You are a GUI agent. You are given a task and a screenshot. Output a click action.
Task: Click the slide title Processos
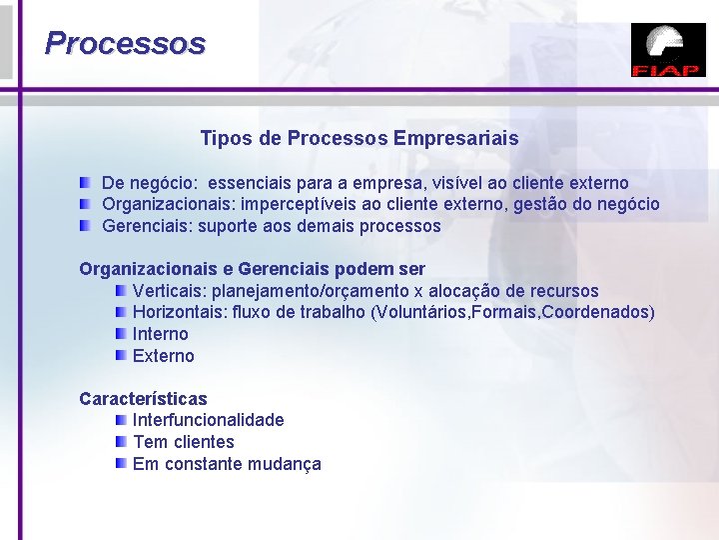125,44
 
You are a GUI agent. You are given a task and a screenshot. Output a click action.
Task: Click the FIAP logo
668,51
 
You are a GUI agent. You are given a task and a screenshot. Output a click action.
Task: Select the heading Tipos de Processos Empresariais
359,138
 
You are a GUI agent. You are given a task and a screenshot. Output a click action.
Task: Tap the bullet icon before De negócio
88,182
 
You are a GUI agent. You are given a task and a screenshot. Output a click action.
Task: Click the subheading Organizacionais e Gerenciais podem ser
252,269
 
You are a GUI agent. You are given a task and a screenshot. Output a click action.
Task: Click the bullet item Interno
160,334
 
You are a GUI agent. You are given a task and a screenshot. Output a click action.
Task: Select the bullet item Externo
163,356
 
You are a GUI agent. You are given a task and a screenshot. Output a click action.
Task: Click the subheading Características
143,399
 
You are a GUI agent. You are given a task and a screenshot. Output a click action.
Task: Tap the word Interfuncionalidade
208,420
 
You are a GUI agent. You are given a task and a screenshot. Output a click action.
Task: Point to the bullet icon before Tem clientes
120,441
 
